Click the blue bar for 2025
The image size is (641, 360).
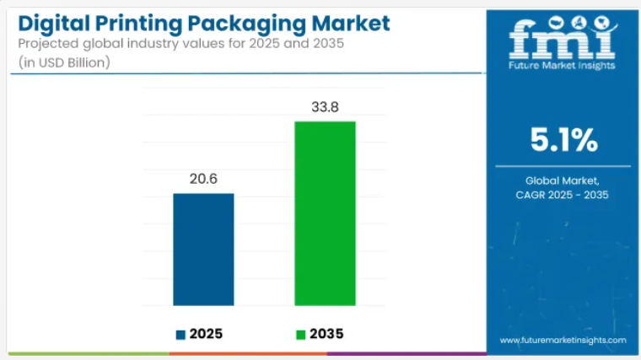click(203, 249)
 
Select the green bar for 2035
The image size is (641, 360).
click(325, 213)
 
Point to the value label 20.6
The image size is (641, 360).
click(203, 179)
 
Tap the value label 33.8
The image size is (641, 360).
click(325, 106)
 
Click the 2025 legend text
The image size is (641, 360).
click(207, 334)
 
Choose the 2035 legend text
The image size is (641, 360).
click(326, 334)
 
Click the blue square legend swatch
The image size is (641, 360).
click(180, 335)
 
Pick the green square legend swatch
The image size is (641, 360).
click(300, 335)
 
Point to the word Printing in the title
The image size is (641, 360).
click(139, 23)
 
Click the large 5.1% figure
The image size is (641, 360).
click(563, 141)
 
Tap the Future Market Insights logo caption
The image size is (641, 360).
click(563, 65)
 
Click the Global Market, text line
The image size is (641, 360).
click(563, 180)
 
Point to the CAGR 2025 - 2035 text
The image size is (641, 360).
click(563, 196)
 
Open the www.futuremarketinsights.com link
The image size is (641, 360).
click(563, 340)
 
